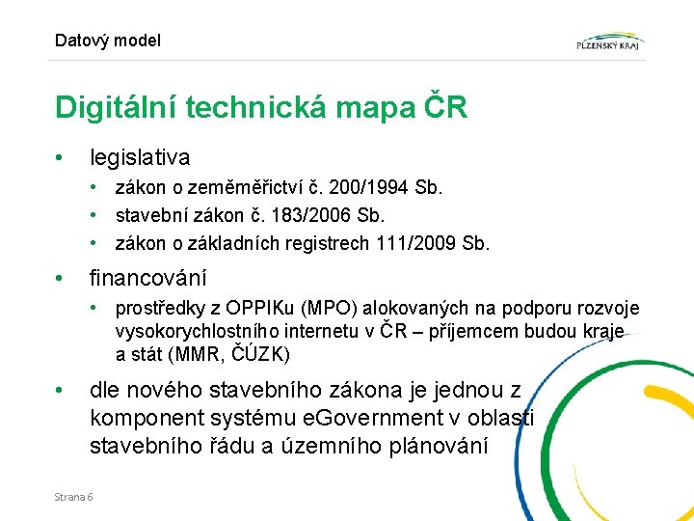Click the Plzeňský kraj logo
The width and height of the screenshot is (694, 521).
(609, 41)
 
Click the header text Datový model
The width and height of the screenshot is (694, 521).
(108, 41)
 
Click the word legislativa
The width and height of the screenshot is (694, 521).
(140, 156)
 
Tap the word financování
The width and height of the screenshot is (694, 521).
(147, 279)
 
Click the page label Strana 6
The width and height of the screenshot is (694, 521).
(74, 496)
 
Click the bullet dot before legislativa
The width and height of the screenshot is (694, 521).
(60, 156)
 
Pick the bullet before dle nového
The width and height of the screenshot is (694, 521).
(60, 391)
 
